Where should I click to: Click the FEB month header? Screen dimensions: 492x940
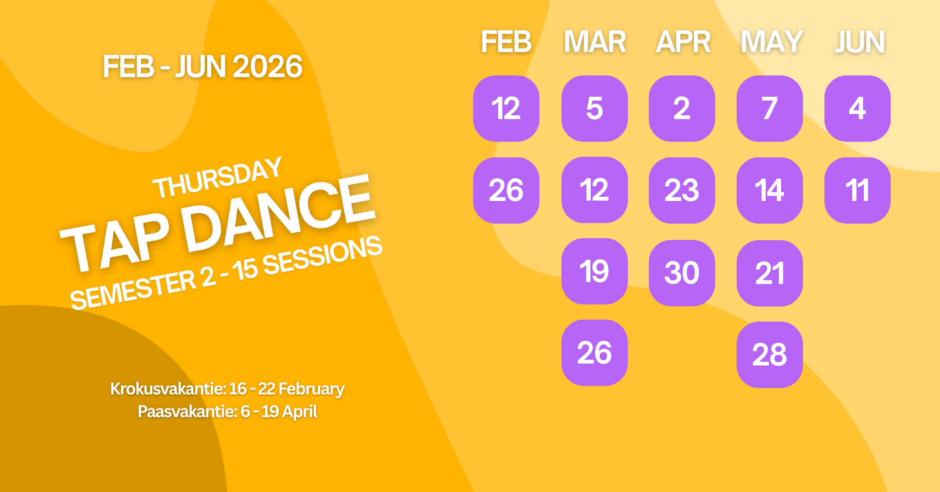pos(506,42)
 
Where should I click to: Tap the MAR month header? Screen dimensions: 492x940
pos(595,42)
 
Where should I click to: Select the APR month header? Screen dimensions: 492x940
pos(683,42)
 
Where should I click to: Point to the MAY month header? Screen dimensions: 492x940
pos(771,42)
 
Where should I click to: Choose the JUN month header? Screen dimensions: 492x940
pos(859,42)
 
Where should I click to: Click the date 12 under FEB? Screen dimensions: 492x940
pos(506,109)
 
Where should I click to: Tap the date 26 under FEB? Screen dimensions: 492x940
pos(506,190)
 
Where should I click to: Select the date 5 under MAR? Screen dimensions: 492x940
pos(595,109)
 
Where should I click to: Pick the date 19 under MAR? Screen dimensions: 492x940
pos(595,271)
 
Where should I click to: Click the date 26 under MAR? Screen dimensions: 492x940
pos(595,353)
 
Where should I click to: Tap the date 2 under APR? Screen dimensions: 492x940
pos(682,109)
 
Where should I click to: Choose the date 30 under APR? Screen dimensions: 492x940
pos(682,273)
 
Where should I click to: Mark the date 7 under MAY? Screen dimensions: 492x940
pos(770,109)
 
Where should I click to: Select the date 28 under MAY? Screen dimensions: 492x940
pos(770,355)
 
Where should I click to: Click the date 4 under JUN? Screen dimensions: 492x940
pos(857,109)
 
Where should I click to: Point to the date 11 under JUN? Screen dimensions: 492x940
pos(857,190)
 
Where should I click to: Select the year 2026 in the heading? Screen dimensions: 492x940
pos(268,67)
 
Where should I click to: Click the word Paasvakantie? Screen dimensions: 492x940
pos(187,412)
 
